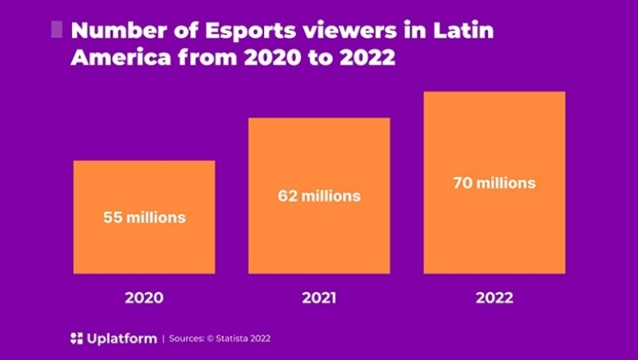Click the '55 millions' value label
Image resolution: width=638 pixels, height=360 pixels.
point(144,217)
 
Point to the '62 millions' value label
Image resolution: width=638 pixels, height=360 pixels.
point(319,196)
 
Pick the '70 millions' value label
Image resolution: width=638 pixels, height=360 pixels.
point(494,183)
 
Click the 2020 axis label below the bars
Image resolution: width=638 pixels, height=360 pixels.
point(144,298)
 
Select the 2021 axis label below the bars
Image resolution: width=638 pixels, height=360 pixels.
point(319,298)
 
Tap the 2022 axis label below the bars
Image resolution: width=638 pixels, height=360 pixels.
point(494,298)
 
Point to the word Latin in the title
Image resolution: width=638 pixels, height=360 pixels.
point(467,32)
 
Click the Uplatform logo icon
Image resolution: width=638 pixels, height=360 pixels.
point(76,338)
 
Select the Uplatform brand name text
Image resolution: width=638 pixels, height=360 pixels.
point(122,338)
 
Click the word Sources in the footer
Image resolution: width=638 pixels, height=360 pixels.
point(188,339)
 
